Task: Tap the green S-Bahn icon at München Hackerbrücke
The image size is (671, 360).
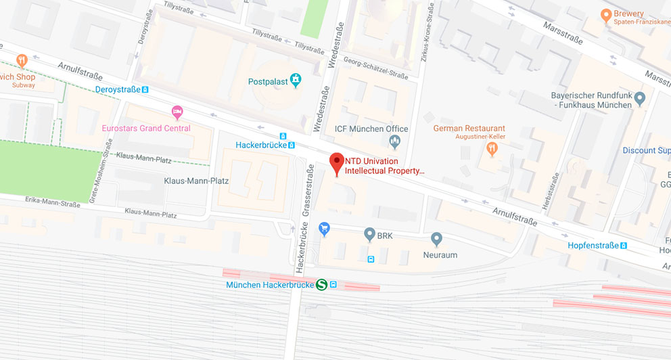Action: point(322,285)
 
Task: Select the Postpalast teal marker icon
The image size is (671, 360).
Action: point(296,81)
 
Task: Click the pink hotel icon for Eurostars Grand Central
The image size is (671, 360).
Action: point(177,112)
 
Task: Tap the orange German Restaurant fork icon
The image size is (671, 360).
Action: point(492,148)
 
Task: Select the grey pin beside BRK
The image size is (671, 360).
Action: point(369,235)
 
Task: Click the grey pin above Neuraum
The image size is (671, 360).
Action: point(437,238)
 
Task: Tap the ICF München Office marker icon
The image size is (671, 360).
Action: point(395,141)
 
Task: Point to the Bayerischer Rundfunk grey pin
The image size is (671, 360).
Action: point(640,99)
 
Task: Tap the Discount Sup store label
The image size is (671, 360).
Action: point(646,150)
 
